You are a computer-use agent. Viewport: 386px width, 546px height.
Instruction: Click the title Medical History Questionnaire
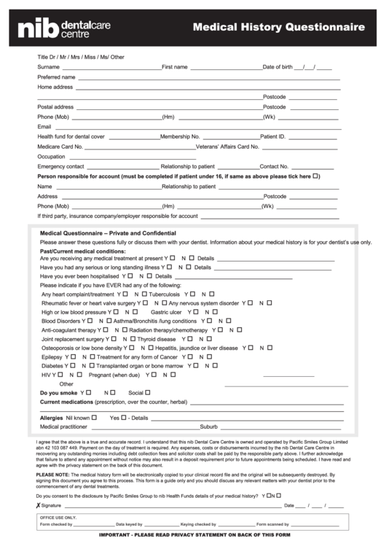pyautogui.click(x=278, y=27)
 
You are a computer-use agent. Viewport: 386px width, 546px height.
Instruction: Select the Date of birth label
pyautogui.click(x=277, y=66)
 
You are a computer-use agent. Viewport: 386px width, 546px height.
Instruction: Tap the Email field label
pyautogui.click(x=44, y=126)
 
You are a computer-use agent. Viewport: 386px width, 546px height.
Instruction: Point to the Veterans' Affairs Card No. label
pyautogui.click(x=227, y=147)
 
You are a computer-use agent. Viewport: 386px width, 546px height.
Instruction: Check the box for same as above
pyautogui.click(x=316, y=176)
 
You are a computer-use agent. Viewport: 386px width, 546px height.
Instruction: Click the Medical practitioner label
pyautogui.click(x=63, y=426)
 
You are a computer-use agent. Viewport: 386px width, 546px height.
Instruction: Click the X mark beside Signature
pyautogui.click(x=38, y=504)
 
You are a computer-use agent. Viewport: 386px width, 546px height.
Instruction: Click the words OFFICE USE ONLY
pyautogui.click(x=58, y=517)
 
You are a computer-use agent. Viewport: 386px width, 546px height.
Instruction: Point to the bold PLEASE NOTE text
pyautogui.click(x=52, y=474)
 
